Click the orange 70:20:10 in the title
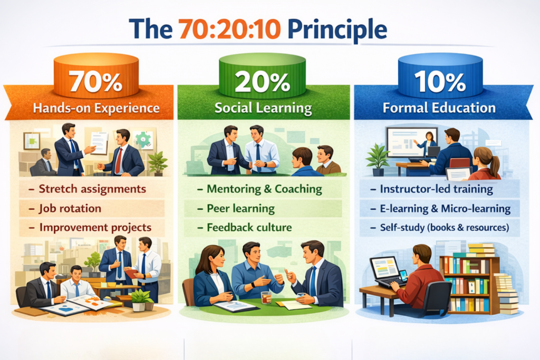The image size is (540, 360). (x=230, y=29)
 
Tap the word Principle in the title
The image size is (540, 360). (x=337, y=30)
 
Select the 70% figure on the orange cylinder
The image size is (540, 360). (x=95, y=82)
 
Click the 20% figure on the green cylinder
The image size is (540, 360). (x=263, y=82)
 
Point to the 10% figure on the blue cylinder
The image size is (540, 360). (x=440, y=82)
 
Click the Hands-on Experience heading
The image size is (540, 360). (x=96, y=108)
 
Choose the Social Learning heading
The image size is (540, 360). (x=263, y=108)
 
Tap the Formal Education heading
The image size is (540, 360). (x=439, y=108)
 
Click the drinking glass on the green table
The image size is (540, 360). (x=266, y=297)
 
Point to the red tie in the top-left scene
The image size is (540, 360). (x=119, y=160)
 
